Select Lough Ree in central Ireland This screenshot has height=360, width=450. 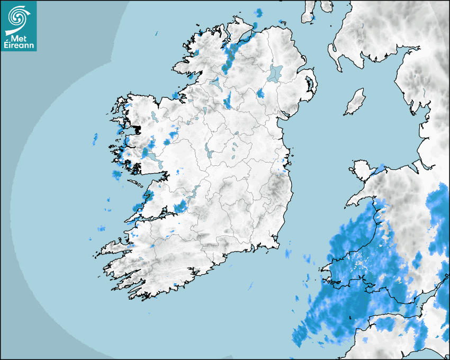(209, 150)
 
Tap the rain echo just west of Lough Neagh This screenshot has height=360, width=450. (260, 94)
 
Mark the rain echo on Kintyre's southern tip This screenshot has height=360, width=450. (312, 19)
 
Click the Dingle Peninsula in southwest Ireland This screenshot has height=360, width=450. (114, 248)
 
